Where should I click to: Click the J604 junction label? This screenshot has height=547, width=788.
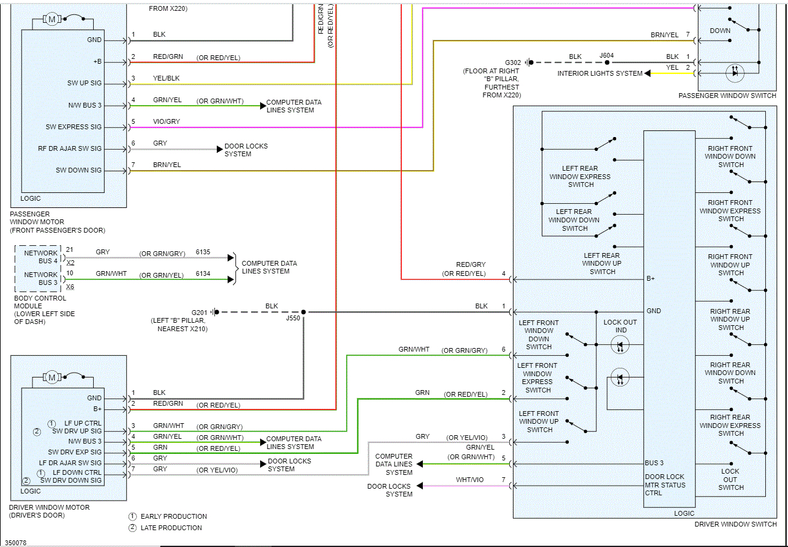click(x=607, y=57)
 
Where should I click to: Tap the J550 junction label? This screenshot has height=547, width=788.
click(x=293, y=319)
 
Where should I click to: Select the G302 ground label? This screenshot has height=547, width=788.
click(x=513, y=63)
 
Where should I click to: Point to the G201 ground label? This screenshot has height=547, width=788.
click(x=199, y=312)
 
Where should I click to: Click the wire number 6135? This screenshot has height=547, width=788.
click(x=202, y=252)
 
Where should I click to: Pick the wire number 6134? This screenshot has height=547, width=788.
click(x=202, y=275)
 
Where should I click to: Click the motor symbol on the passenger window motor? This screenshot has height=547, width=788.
click(x=52, y=19)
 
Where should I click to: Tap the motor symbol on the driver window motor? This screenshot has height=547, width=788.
click(x=52, y=377)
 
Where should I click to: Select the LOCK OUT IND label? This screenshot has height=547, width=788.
click(x=620, y=326)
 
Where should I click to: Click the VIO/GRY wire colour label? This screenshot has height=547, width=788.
click(x=166, y=121)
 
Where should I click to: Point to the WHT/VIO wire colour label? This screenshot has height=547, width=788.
click(x=469, y=480)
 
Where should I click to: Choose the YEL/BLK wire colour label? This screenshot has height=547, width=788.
click(x=166, y=78)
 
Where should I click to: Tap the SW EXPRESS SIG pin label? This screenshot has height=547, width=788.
click(x=74, y=127)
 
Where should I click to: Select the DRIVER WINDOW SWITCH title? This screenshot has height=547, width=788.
click(x=735, y=524)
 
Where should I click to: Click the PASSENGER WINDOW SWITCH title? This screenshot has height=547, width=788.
click(x=727, y=96)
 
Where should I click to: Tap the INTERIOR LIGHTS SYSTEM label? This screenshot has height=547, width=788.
click(x=599, y=73)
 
